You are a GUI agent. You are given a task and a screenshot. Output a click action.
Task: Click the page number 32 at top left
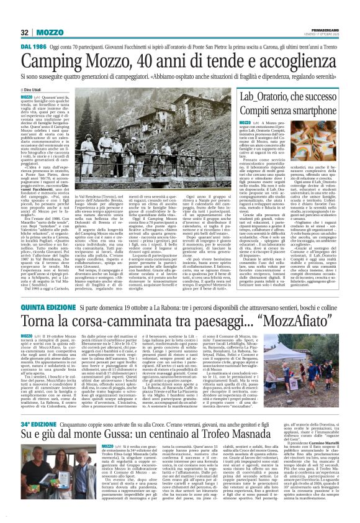click(24, 32)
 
